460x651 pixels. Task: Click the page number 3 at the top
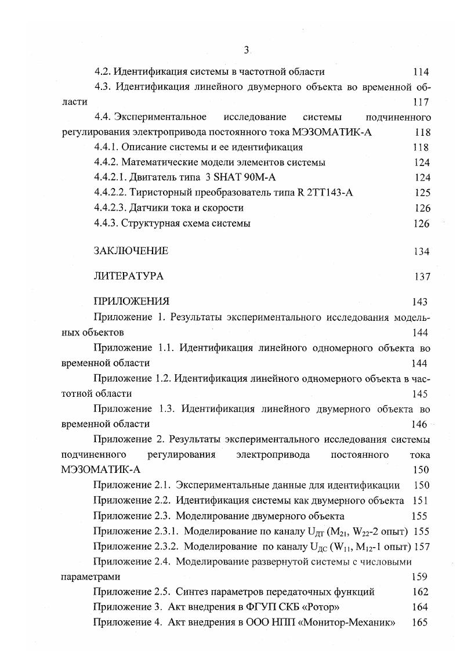point(246,51)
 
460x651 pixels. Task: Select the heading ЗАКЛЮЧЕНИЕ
point(131,251)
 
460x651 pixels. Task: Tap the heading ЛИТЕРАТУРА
point(128,276)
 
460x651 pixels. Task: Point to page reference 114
point(421,72)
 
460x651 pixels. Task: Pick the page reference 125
point(422,193)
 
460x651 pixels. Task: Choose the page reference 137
point(422,276)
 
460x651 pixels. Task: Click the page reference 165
point(419,623)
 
